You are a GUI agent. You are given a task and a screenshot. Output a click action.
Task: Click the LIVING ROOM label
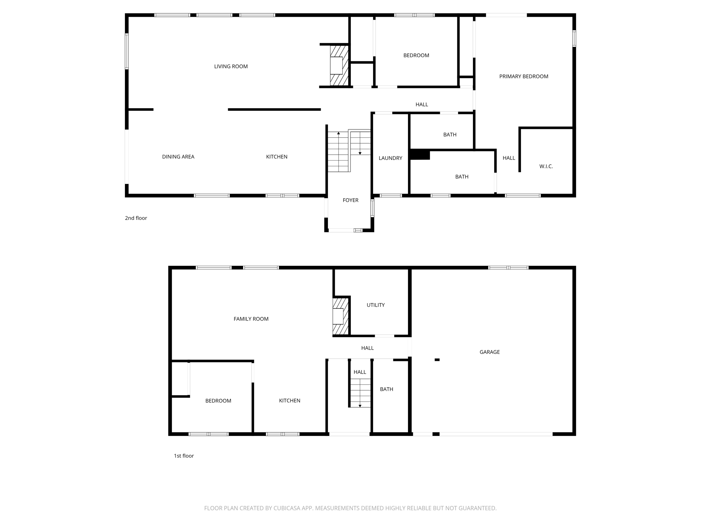click(x=231, y=66)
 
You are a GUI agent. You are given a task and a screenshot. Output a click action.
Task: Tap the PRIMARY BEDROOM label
click(x=523, y=76)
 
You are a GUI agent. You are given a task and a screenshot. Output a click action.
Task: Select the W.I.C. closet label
click(x=546, y=166)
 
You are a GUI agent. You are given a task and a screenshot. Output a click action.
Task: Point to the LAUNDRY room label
click(x=390, y=158)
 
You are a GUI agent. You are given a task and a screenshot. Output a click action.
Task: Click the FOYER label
click(x=350, y=200)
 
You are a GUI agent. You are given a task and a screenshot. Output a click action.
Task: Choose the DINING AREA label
click(x=178, y=157)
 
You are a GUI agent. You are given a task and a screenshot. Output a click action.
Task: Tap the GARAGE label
click(x=489, y=352)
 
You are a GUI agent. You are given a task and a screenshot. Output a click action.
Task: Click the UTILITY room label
click(x=375, y=305)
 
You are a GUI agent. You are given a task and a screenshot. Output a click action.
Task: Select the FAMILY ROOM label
click(x=251, y=319)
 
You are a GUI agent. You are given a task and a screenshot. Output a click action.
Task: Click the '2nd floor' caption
click(x=136, y=218)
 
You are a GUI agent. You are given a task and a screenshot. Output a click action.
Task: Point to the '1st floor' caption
click(x=184, y=456)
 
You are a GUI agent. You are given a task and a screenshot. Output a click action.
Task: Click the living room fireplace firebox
click(x=336, y=65)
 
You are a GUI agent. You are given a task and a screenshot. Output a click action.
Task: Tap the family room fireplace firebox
click(x=338, y=316)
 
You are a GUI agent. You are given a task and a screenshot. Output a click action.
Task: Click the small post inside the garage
click(x=437, y=360)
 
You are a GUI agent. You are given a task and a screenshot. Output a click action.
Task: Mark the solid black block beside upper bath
click(x=420, y=154)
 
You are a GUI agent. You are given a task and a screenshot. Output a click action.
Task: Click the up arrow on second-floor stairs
click(x=339, y=133)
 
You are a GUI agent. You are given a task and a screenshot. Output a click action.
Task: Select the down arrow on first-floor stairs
click(x=360, y=406)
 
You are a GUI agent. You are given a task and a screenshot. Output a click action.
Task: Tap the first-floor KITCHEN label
click(x=290, y=401)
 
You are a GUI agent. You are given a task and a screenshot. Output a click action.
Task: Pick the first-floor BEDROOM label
click(x=218, y=401)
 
